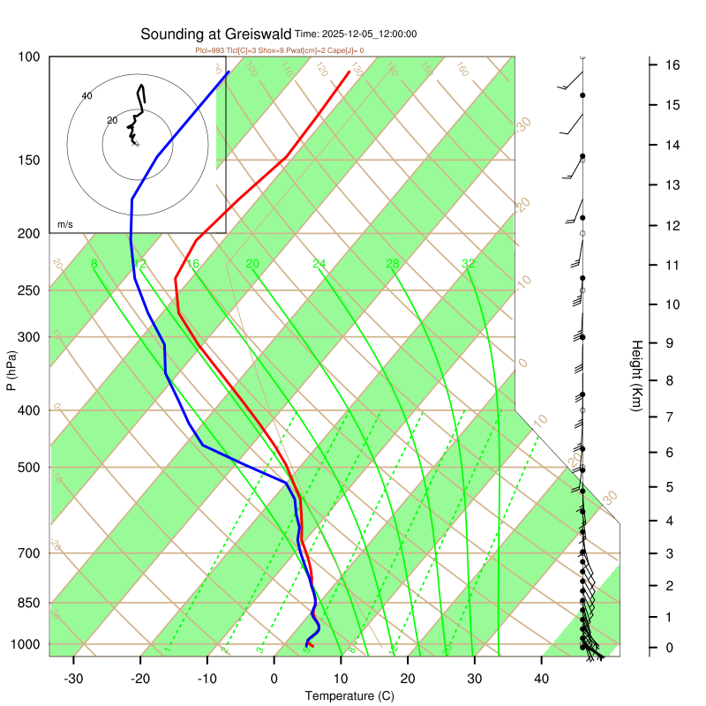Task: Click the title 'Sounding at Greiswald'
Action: [x=216, y=34]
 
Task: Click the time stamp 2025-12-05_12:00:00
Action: [x=356, y=34]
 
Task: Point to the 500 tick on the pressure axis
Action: [x=30, y=468]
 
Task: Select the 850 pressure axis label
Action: [x=30, y=604]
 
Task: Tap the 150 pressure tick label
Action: [x=30, y=161]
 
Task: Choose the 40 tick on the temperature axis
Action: [x=542, y=679]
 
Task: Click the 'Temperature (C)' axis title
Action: [x=349, y=696]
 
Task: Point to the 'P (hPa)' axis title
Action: [x=11, y=371]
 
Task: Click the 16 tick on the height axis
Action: [x=671, y=65]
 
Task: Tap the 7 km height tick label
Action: [x=671, y=416]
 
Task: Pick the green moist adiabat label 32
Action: [x=469, y=264]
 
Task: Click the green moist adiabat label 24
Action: [x=319, y=264]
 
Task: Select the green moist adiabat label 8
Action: [x=94, y=264]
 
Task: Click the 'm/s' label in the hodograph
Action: [x=65, y=225]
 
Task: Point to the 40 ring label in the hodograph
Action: [x=86, y=95]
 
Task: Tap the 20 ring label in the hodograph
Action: [x=111, y=120]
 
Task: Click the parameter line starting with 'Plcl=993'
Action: [x=279, y=50]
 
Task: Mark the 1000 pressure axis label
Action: [x=26, y=645]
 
